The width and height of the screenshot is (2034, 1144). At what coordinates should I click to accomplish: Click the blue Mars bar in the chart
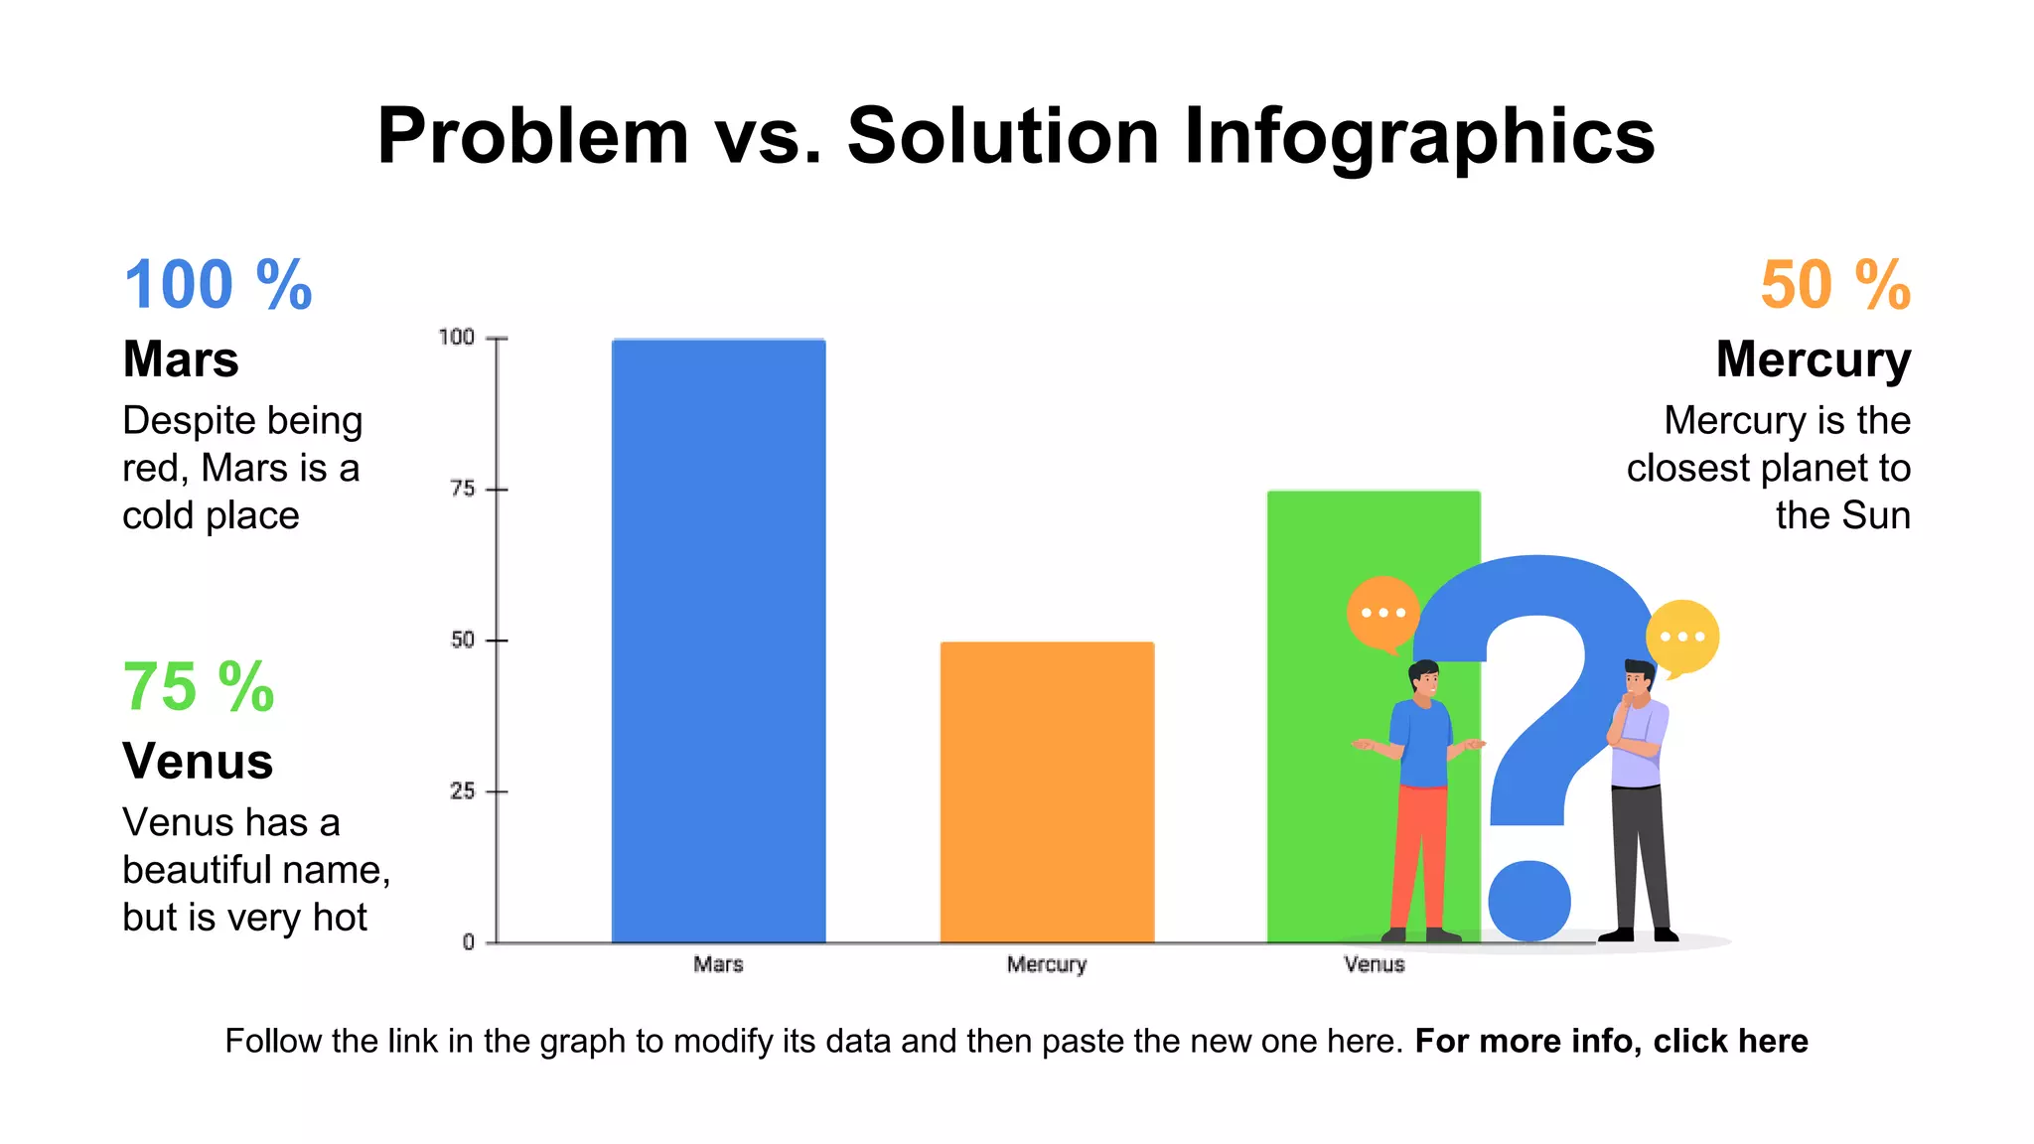click(718, 641)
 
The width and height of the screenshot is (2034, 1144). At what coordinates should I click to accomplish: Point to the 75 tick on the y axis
click(463, 489)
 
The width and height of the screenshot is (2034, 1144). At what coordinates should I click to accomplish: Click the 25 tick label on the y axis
click(463, 791)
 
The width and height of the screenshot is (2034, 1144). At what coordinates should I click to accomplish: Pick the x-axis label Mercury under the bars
click(1047, 964)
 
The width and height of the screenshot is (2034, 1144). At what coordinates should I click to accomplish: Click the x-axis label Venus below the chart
click(1375, 964)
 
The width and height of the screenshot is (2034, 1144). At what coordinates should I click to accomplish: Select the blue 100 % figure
click(218, 285)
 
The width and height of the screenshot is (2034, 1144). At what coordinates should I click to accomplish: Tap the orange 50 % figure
click(1834, 285)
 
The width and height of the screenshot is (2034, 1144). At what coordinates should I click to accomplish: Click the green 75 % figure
click(199, 687)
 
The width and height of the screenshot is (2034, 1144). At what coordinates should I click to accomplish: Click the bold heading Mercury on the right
click(1813, 359)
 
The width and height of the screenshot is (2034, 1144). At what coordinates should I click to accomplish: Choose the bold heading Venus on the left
click(198, 762)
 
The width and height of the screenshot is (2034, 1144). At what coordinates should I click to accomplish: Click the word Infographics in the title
click(1419, 136)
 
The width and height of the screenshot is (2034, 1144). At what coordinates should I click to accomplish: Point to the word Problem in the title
click(532, 136)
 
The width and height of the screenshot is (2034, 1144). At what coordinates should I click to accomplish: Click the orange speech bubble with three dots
click(1381, 612)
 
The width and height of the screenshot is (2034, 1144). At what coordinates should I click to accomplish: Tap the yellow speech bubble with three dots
click(1682, 636)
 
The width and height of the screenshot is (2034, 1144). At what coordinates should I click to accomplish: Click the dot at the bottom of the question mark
click(1529, 900)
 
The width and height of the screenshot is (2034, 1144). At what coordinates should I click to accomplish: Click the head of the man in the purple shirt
click(1639, 679)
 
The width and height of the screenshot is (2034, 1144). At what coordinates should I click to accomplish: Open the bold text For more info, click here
click(1611, 1041)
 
